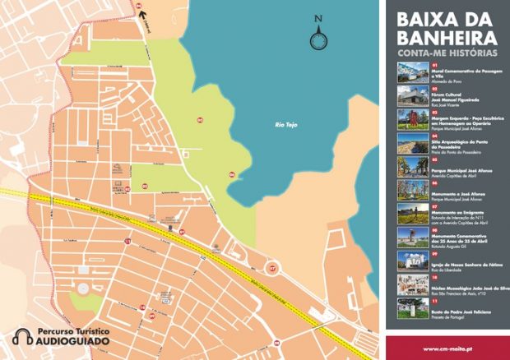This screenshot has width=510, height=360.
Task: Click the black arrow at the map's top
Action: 141,12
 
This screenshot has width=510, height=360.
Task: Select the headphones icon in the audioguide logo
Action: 24,336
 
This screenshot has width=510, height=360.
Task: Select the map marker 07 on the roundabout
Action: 273,267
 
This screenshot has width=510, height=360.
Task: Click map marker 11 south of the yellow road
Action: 128,241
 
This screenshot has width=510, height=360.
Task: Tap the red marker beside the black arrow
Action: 138,4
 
